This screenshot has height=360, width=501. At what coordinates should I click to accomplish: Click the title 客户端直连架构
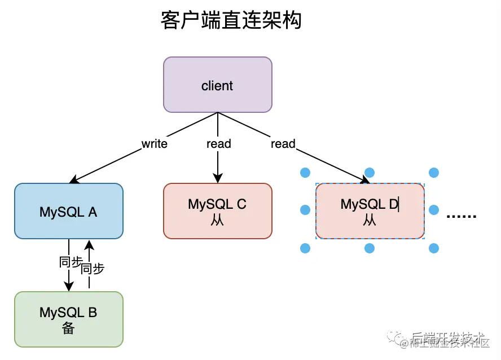pyautogui.click(x=231, y=21)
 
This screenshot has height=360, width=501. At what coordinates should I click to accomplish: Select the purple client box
pyautogui.click(x=217, y=85)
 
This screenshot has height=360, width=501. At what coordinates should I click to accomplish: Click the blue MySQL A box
pyautogui.click(x=68, y=211)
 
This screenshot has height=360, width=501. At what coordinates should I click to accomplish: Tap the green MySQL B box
pyautogui.click(x=68, y=319)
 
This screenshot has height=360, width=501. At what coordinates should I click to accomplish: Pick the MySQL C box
pyautogui.click(x=217, y=210)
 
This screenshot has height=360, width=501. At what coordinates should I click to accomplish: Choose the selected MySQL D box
pyautogui.click(x=370, y=210)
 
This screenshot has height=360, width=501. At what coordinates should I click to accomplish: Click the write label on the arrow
pyautogui.click(x=154, y=144)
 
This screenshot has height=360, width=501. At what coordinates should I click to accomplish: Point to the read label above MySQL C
pyautogui.click(x=218, y=144)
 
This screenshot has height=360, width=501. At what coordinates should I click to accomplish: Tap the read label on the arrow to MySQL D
pyautogui.click(x=283, y=144)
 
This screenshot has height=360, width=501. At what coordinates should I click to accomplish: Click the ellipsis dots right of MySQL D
pyautogui.click(x=462, y=216)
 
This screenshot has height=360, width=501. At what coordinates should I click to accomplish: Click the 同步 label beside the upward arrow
pyautogui.click(x=93, y=269)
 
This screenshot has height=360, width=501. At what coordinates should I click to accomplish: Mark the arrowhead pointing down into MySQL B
pyautogui.click(x=69, y=287)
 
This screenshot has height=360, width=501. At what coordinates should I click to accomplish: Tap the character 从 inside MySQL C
pyautogui.click(x=217, y=221)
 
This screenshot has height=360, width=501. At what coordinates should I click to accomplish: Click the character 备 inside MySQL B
pyautogui.click(x=68, y=329)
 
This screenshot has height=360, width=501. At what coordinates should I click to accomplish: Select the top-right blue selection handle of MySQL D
pyautogui.click(x=434, y=172)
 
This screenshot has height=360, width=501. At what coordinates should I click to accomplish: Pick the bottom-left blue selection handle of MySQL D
pyautogui.click(x=305, y=248)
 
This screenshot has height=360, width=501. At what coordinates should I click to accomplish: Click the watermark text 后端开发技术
pyautogui.click(x=448, y=337)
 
